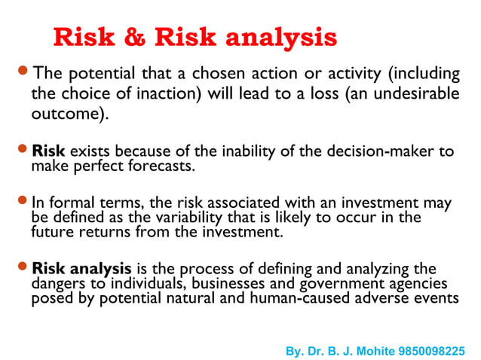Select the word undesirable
[420, 95]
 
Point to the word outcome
[66, 115]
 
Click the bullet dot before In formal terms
[23, 201]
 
